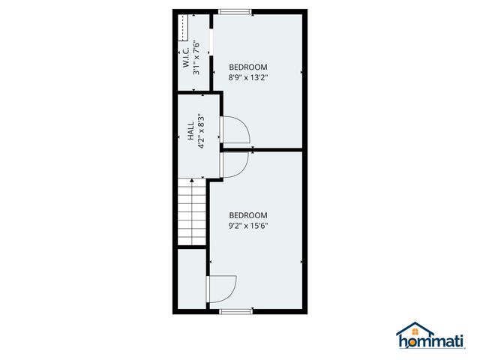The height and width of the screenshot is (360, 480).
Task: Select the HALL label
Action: [190, 132]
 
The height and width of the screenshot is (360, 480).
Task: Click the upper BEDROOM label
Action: [247, 66]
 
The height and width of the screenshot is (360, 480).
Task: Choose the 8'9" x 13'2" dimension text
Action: [247, 76]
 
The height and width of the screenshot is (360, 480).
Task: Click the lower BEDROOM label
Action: [248, 213]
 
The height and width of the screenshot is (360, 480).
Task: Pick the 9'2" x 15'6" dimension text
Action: [248, 223]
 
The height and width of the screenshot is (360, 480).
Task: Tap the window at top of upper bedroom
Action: [235, 11]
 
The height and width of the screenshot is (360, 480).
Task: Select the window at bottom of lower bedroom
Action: [235, 310]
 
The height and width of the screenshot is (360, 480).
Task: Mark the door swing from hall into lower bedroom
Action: [234, 165]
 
